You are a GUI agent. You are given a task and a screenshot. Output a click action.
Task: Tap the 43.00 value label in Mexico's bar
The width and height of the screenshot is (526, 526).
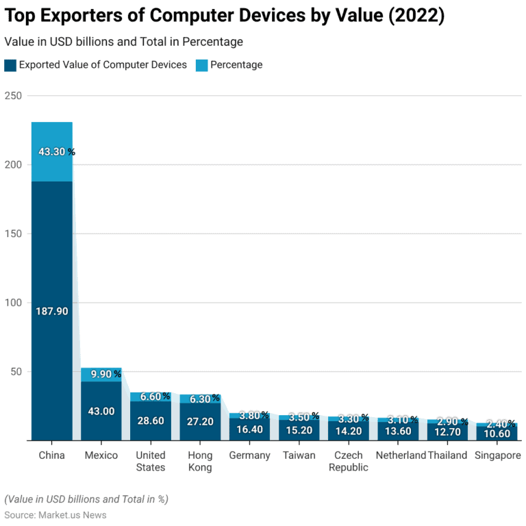pos(101,411)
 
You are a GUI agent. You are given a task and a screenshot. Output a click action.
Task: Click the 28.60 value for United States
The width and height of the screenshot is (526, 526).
pos(151,421)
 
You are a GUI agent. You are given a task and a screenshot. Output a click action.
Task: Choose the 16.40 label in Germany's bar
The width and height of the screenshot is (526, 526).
pos(249,429)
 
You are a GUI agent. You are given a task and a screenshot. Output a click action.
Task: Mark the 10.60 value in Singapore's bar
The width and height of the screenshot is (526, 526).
pos(496,434)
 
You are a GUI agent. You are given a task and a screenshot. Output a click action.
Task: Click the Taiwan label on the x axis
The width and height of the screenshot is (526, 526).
pos(299,455)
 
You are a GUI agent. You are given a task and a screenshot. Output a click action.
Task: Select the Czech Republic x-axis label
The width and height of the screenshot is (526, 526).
pos(348,462)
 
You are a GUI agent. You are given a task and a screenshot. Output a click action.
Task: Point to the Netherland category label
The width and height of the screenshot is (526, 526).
pos(401,455)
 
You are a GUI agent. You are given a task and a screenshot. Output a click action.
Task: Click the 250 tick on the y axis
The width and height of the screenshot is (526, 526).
pos(13,96)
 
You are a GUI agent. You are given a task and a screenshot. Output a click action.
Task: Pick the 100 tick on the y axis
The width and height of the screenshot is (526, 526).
pos(13,303)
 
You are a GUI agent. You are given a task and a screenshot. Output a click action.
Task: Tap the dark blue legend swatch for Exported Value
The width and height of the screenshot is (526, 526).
pos(10,65)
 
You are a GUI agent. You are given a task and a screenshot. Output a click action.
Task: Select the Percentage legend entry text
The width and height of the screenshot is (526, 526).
pos(236,65)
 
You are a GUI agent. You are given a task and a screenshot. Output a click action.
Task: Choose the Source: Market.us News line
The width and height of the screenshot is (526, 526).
pos(55,514)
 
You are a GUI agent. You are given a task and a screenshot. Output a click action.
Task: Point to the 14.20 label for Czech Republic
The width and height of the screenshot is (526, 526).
pos(348,431)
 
